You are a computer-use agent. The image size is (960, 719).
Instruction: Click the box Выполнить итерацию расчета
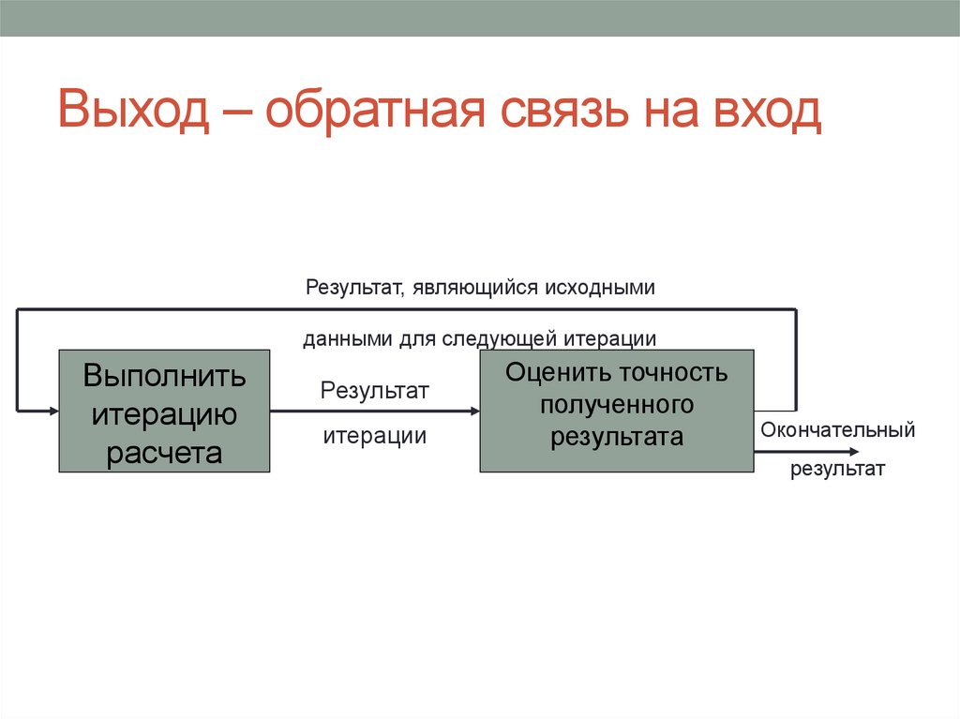(164, 412)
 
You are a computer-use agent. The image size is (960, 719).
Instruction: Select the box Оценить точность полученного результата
(616, 411)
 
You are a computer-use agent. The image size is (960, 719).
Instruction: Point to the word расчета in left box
(164, 453)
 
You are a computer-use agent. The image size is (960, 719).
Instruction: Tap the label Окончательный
(837, 431)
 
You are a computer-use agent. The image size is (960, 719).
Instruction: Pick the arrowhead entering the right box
(473, 411)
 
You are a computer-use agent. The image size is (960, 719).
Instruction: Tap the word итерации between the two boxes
(375, 436)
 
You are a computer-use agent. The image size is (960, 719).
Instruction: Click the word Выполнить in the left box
(164, 376)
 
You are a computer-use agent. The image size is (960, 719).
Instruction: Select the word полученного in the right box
(616, 404)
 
